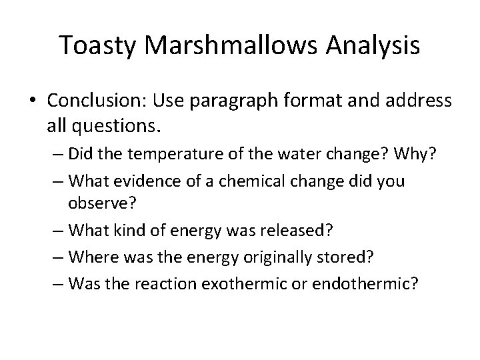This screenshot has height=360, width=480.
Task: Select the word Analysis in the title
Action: point(373,45)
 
